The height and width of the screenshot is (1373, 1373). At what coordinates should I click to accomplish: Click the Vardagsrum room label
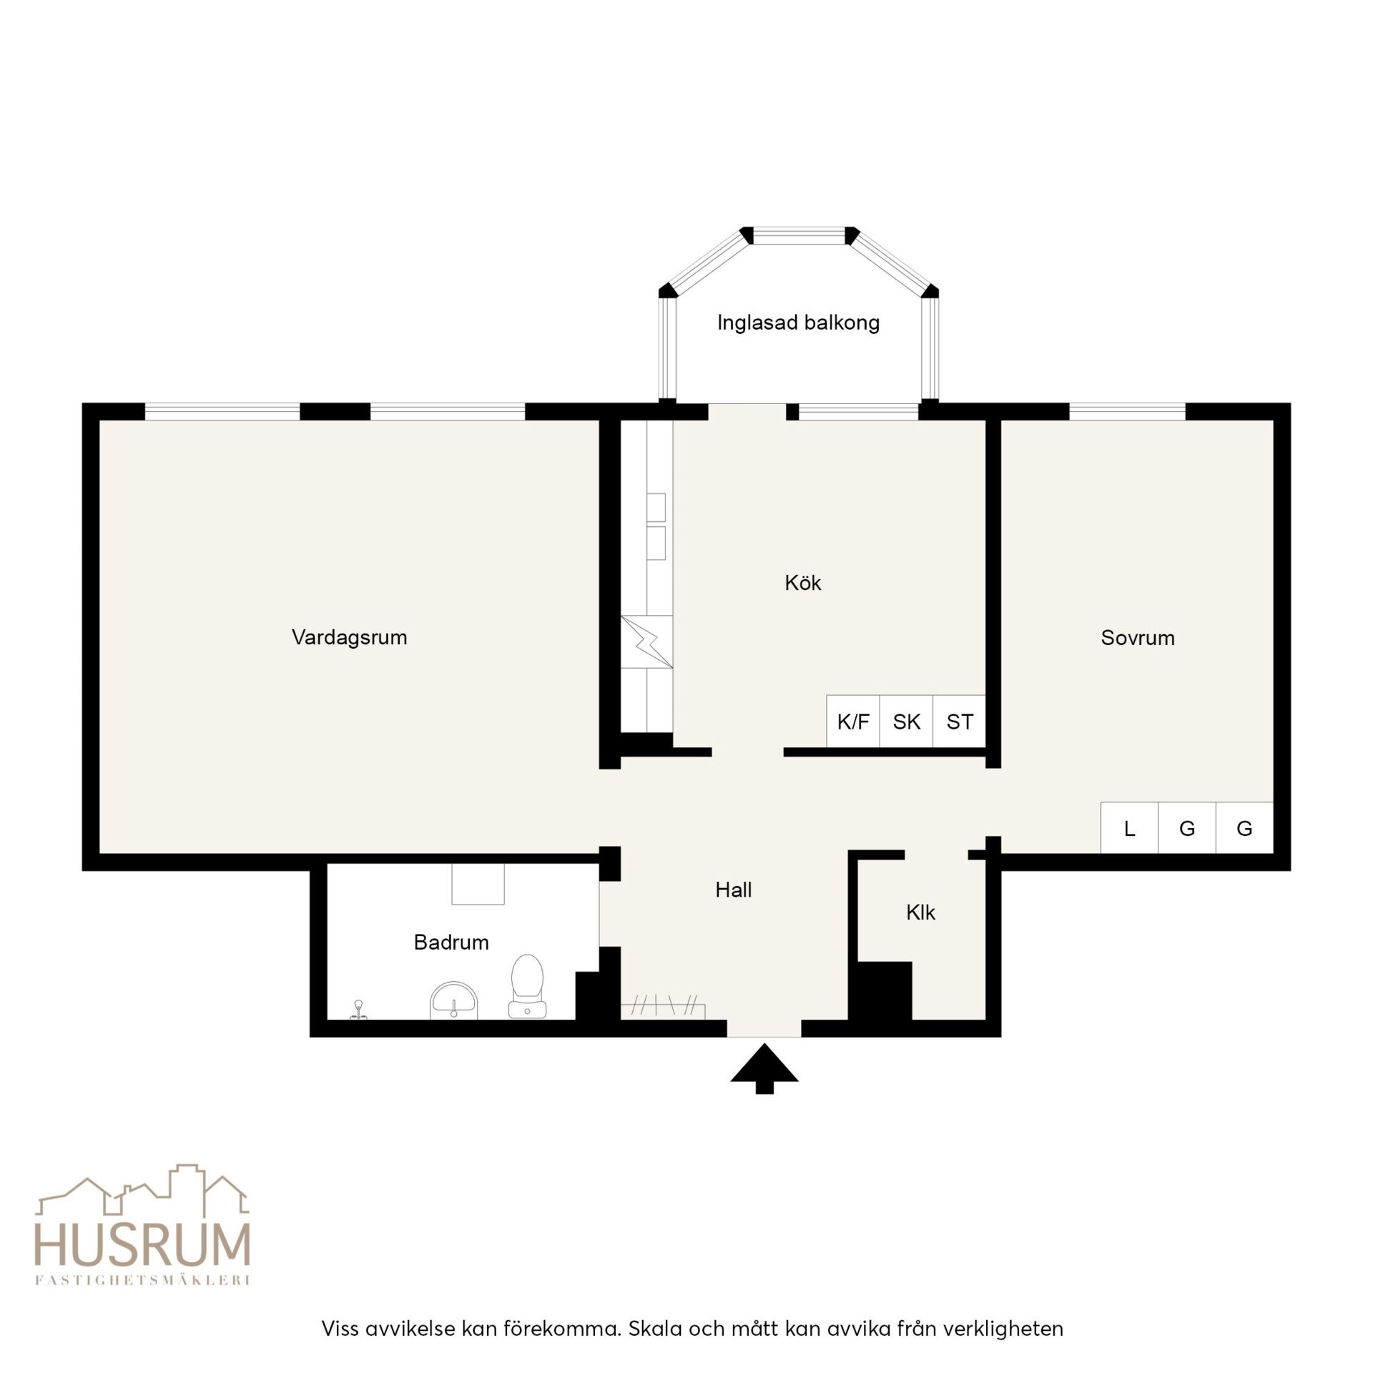[x=349, y=637]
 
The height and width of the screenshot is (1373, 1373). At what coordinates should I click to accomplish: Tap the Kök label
[x=802, y=583]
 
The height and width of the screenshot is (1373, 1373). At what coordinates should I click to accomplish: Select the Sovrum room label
[x=1138, y=638]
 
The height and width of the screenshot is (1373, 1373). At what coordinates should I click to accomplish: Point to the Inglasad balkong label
[x=798, y=323]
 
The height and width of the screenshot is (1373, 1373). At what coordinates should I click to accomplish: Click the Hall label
[x=734, y=890]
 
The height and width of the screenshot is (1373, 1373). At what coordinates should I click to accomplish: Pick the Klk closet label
[x=920, y=912]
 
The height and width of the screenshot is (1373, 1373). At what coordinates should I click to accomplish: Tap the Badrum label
[x=451, y=942]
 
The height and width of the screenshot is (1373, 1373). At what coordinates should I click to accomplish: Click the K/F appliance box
[x=853, y=722]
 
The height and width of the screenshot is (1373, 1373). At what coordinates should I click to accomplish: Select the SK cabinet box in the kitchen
[x=906, y=722]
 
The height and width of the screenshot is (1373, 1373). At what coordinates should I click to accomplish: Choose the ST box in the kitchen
[x=959, y=722]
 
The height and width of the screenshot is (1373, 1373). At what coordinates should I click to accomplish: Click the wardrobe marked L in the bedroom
[x=1129, y=828]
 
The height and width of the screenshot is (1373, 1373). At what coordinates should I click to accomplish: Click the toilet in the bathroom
[x=527, y=986]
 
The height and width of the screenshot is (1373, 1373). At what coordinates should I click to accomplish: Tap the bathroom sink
[x=453, y=1000]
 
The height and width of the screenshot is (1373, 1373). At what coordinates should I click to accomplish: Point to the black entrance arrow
[x=764, y=1068]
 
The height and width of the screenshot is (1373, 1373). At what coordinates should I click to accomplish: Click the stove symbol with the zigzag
[x=646, y=641]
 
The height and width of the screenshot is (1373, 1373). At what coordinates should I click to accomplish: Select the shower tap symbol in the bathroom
[x=358, y=1009]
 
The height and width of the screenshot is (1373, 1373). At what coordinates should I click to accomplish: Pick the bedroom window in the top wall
[x=1127, y=411]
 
